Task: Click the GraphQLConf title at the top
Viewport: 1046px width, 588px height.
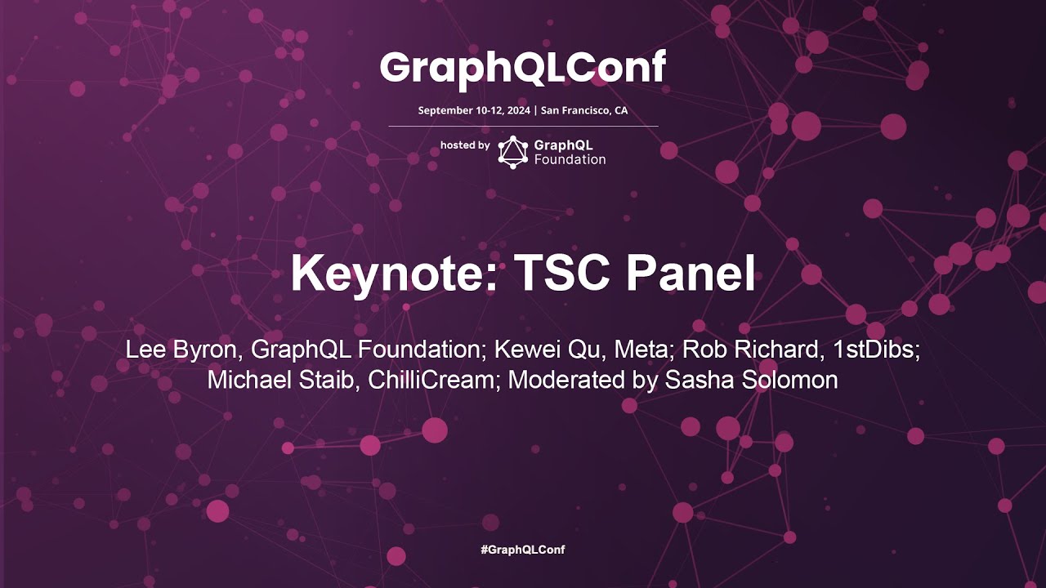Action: (x=523, y=69)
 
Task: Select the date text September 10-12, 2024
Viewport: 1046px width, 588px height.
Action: (x=474, y=110)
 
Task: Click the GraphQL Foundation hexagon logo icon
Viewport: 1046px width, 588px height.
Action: (x=513, y=152)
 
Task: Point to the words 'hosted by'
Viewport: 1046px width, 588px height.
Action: (x=465, y=145)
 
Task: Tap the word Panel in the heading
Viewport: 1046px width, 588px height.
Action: (x=691, y=274)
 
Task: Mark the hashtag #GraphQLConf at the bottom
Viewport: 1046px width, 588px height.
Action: (x=523, y=550)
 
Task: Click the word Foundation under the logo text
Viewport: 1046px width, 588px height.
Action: (x=570, y=160)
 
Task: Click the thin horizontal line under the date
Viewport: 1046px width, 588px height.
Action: (x=523, y=127)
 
